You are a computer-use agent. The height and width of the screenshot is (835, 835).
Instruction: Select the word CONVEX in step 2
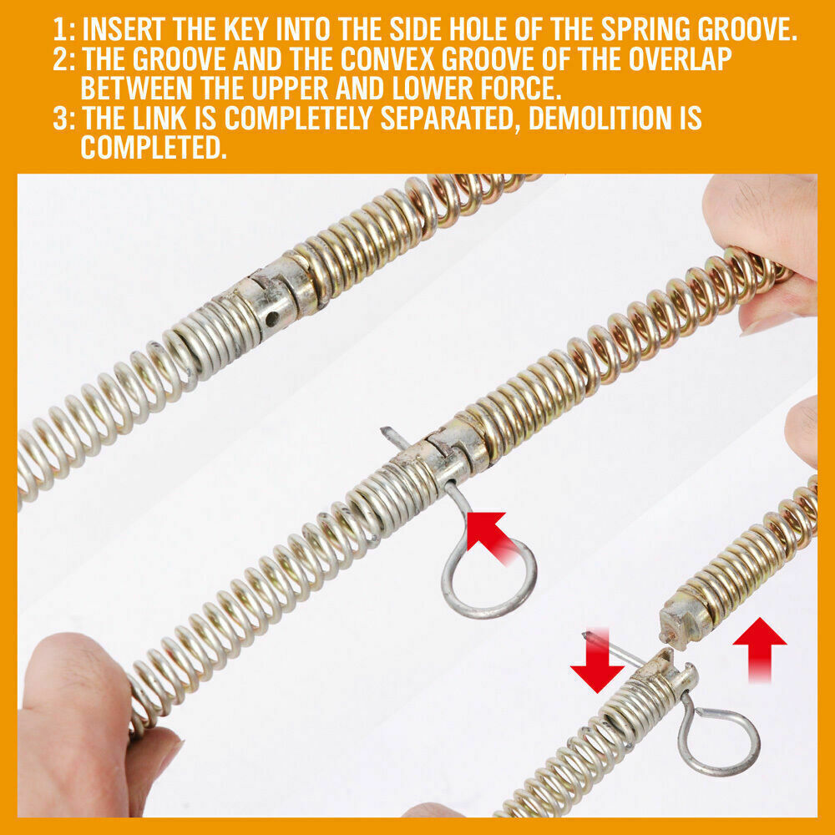click(388, 59)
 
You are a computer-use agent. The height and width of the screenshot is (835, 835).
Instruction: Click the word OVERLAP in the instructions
click(680, 59)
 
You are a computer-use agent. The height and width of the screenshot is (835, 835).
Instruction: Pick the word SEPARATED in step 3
click(449, 119)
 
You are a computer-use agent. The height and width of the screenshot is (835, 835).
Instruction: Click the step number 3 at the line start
click(61, 118)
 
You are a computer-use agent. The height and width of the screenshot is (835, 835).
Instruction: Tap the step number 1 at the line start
click(59, 29)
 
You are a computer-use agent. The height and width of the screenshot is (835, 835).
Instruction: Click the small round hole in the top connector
click(271, 318)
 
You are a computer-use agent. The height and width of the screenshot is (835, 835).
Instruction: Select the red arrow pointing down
click(598, 660)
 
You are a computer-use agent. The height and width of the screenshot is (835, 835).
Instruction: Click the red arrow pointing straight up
click(759, 650)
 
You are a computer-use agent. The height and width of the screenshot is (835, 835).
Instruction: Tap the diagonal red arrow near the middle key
click(490, 536)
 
